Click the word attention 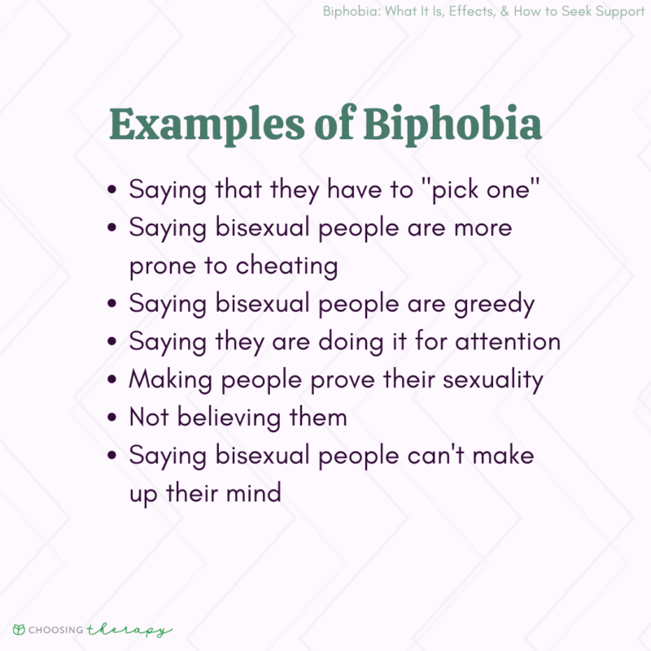point(506,341)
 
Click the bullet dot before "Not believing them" point(111,418)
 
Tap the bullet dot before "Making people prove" point(111,380)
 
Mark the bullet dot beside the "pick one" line point(111,190)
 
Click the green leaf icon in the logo point(18,629)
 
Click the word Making point(164,379)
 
